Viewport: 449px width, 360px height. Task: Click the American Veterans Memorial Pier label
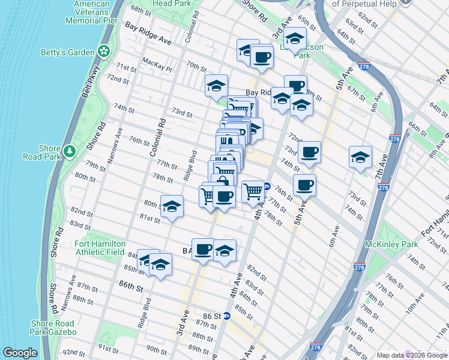(91, 12)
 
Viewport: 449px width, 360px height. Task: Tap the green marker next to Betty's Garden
(104, 52)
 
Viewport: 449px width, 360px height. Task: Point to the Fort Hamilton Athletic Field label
(100, 248)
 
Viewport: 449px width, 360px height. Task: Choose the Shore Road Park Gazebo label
(53, 328)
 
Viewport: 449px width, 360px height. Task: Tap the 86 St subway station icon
(227, 316)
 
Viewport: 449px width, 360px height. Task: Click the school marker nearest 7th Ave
(360, 157)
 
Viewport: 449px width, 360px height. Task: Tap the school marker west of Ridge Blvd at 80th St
(172, 207)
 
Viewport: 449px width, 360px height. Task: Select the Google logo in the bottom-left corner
(20, 353)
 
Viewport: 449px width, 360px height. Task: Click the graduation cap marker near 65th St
(295, 40)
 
